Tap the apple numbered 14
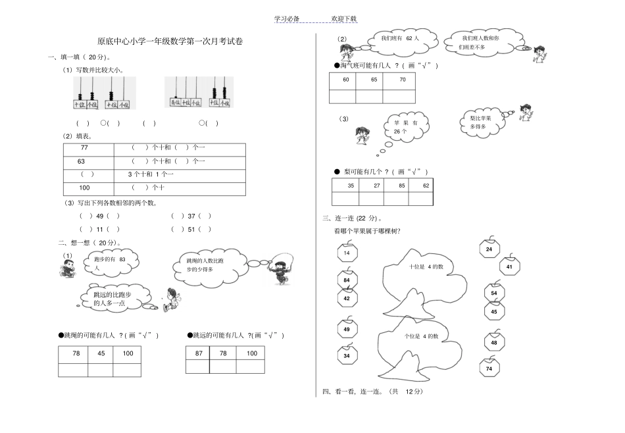coord(346,253)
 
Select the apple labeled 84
coord(346,280)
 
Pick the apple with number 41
coord(510,267)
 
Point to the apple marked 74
coord(489,369)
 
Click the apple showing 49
coord(347,328)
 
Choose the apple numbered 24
coord(489,249)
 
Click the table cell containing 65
coord(374,80)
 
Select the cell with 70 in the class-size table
coord(403,80)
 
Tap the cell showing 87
coord(199,353)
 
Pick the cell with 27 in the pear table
coord(376,186)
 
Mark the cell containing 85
coord(401,186)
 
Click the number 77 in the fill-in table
coord(84,148)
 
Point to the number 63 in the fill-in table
coord(82,161)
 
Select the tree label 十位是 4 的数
coord(426,267)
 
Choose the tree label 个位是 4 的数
coord(422,336)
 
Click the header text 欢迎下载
coord(344,19)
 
